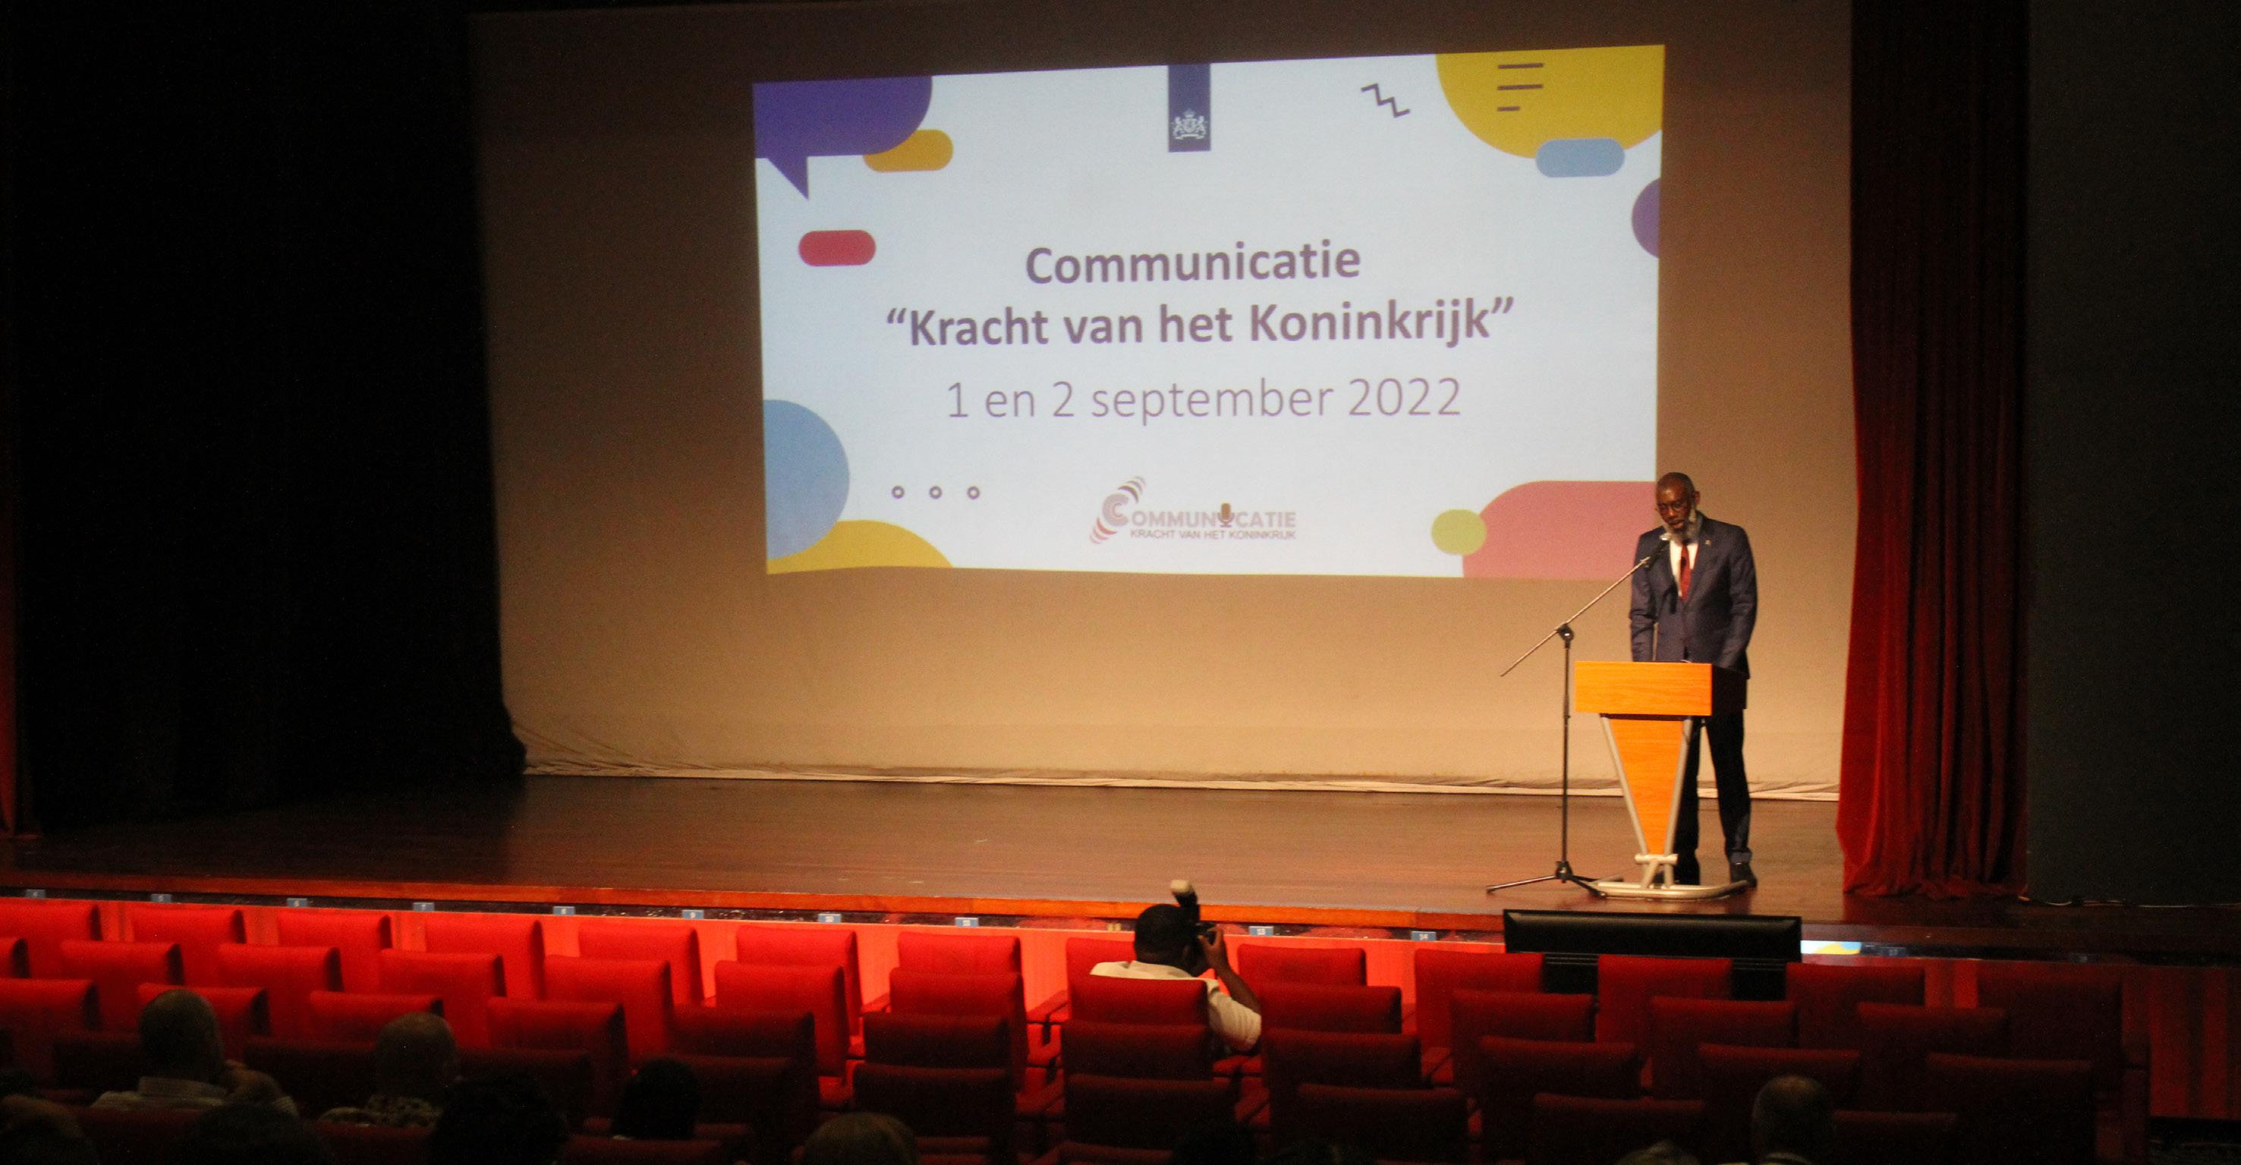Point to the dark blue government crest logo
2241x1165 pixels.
(x=1188, y=108)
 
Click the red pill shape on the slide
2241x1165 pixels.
(x=836, y=248)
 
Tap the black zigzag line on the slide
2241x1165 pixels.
(x=1385, y=100)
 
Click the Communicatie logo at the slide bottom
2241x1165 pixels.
(x=1193, y=512)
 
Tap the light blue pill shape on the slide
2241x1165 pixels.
(x=1580, y=157)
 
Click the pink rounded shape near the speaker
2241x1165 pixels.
(x=1559, y=529)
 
